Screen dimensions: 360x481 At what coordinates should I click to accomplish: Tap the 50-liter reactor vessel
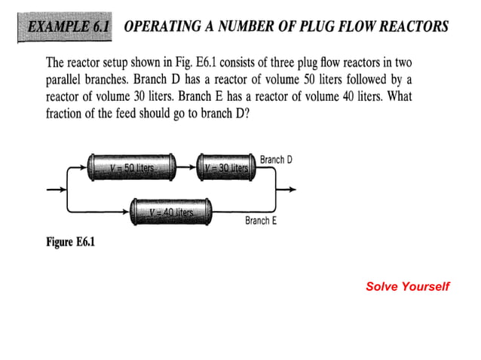tap(131, 166)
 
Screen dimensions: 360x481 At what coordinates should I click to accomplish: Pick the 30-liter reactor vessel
tap(226, 166)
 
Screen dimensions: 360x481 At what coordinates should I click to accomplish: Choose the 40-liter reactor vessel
tap(171, 212)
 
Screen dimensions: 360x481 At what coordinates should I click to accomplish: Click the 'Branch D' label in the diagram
tap(275, 160)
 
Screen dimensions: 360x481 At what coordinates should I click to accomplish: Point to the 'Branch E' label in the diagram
tap(261, 221)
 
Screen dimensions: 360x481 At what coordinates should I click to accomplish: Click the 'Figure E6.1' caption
tap(69, 242)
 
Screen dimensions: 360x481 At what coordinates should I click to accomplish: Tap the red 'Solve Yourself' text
tap(407, 286)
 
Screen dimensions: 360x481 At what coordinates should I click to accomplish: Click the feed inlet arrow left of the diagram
tap(57, 189)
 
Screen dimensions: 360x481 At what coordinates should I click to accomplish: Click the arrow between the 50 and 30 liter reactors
tap(187, 166)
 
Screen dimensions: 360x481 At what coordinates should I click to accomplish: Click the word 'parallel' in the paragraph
tap(64, 78)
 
